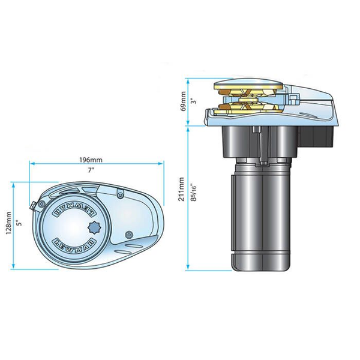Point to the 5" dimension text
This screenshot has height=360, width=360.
click(x=20, y=223)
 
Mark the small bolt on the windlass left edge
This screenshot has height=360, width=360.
click(x=31, y=207)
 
